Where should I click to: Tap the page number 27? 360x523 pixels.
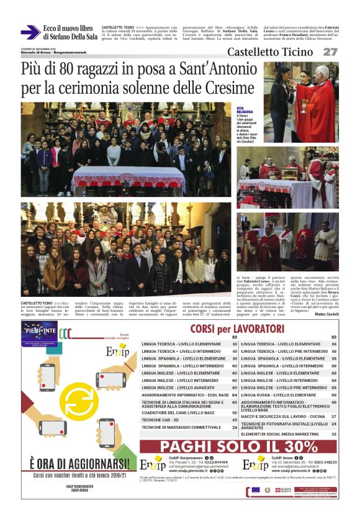pyautogui.click(x=330, y=52)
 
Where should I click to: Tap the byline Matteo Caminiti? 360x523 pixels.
pyautogui.click(x=326, y=298)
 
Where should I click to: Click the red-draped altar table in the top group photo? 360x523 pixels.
pyautogui.click(x=127, y=179)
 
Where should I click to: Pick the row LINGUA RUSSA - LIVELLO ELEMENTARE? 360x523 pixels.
pyautogui.click(x=284, y=394)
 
